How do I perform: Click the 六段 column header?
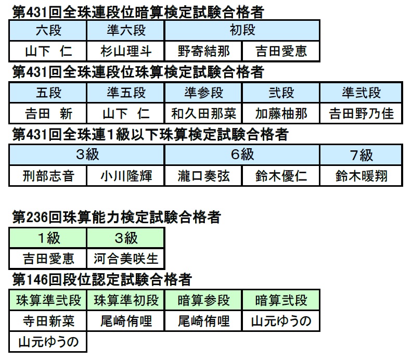(x=48, y=30)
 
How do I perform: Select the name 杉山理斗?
(x=126, y=51)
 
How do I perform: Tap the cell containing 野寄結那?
(x=203, y=51)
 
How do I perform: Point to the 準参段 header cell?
(x=203, y=93)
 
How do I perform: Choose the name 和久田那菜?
(x=203, y=113)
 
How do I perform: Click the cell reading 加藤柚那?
(x=281, y=113)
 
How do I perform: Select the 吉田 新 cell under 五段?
(x=48, y=113)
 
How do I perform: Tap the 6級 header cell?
(x=242, y=155)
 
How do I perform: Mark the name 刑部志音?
(x=48, y=176)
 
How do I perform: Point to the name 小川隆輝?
(x=126, y=176)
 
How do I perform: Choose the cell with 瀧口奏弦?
(x=203, y=176)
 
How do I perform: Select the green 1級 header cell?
(x=48, y=238)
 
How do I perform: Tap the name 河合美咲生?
(x=126, y=259)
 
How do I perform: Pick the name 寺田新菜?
(x=48, y=321)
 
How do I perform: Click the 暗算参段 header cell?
(x=203, y=300)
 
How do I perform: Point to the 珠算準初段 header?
(x=126, y=300)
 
